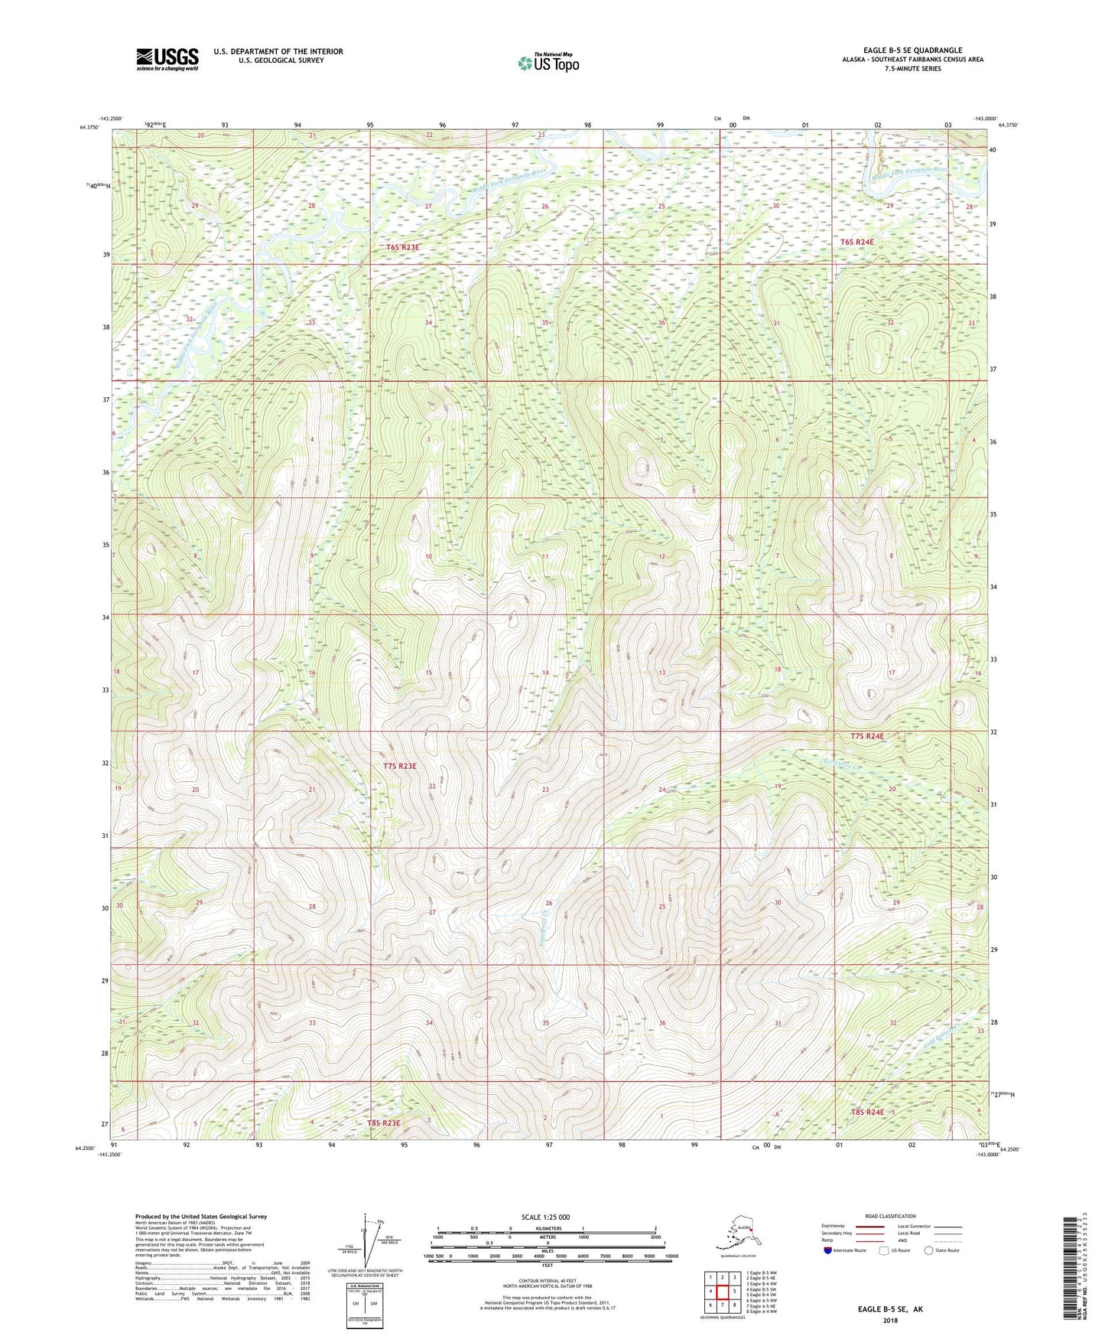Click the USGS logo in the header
pos(167,59)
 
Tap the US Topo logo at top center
pos(547,64)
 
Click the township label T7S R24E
pos(866,736)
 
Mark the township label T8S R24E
pos(867,1112)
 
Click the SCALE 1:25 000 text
pos(546,1217)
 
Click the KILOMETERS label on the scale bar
pos(546,1228)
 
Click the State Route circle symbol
pos(929,1250)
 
